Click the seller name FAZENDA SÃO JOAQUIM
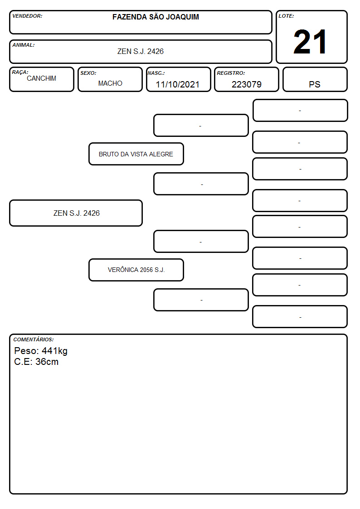[x=156, y=17]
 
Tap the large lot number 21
[x=310, y=42]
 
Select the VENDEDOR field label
[x=27, y=16]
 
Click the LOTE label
[x=286, y=16]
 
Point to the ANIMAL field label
[x=24, y=45]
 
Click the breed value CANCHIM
[x=41, y=78]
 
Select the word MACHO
[x=110, y=83]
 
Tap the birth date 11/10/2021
[x=178, y=84]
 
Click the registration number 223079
[x=246, y=84]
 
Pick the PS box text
[x=315, y=84]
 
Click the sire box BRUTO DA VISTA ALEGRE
[x=136, y=154]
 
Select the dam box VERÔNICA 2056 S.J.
[x=136, y=270]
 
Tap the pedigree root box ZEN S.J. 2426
[x=76, y=213]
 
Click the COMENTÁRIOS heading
[x=34, y=339]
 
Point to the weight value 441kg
[x=54, y=351]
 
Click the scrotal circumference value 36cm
[x=47, y=362]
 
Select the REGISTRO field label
[x=231, y=73]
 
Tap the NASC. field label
[x=156, y=73]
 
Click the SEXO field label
[x=88, y=73]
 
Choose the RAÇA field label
[x=20, y=73]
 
